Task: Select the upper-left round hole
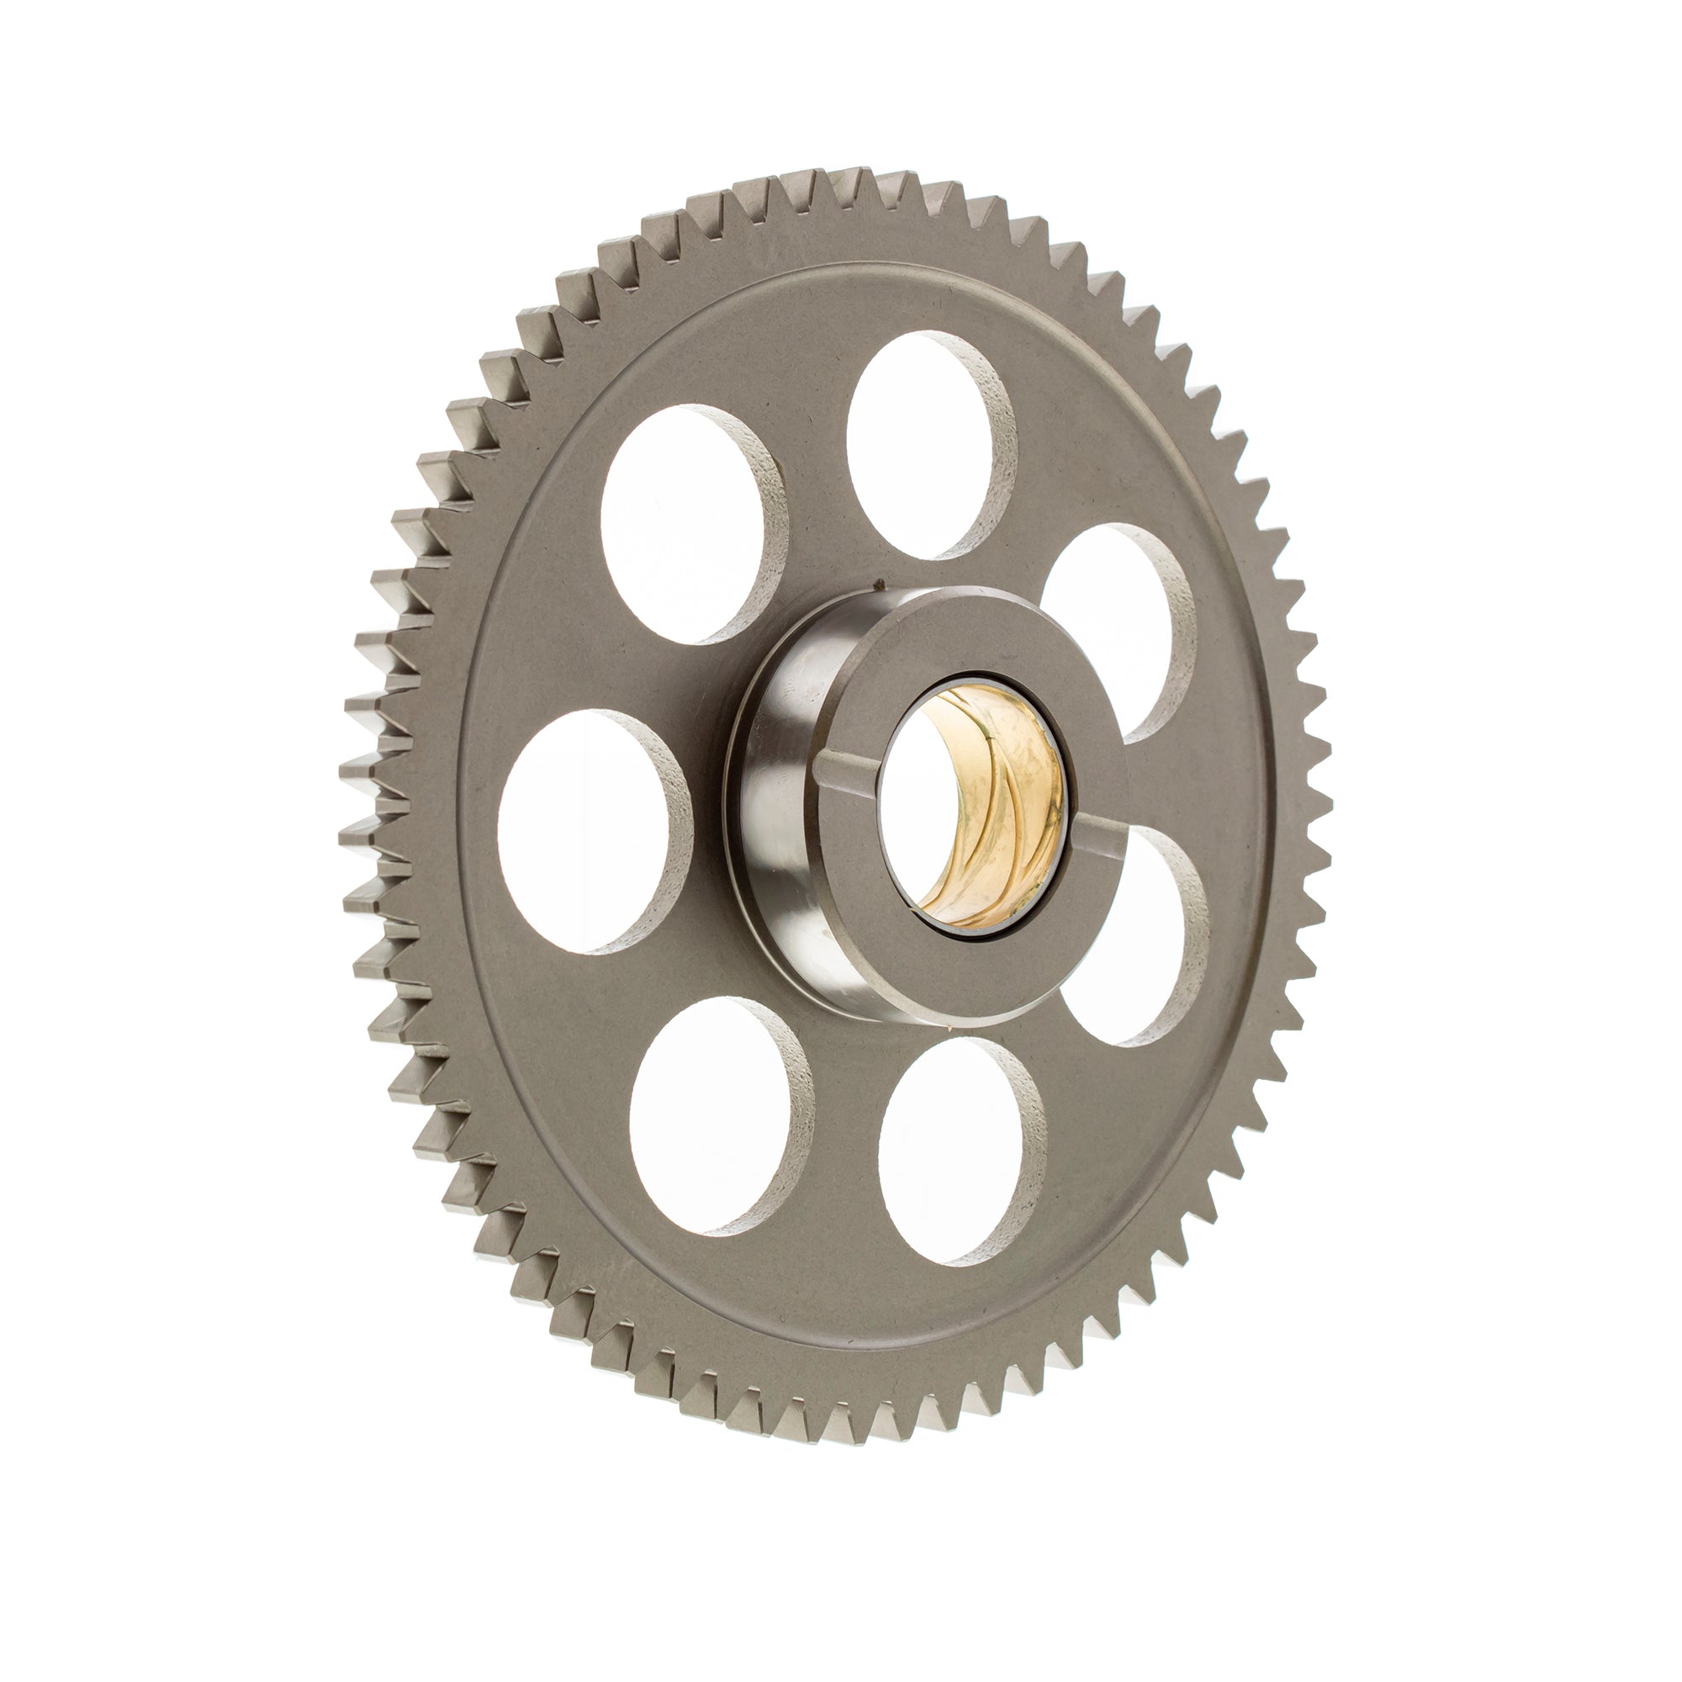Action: pyautogui.click(x=684, y=522)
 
